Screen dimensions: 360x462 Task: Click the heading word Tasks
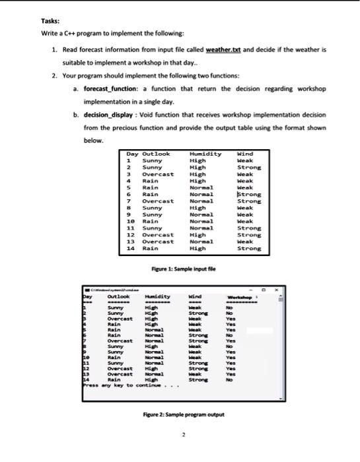52,20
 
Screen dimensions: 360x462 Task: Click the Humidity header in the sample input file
205,154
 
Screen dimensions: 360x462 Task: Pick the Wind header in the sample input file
245,154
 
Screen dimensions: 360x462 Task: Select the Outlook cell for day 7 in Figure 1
159,201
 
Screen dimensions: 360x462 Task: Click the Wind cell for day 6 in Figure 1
249,195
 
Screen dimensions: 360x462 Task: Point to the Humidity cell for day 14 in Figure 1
198,249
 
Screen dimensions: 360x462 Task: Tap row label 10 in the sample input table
131,222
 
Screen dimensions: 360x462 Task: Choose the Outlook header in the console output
118,296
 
